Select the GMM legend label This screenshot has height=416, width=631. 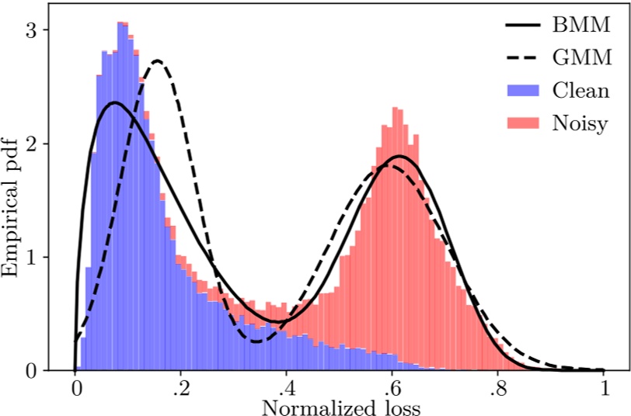point(581,57)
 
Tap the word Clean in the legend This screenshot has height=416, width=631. point(580,90)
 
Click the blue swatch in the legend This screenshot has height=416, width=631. point(523,90)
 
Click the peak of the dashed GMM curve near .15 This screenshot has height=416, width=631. point(158,61)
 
